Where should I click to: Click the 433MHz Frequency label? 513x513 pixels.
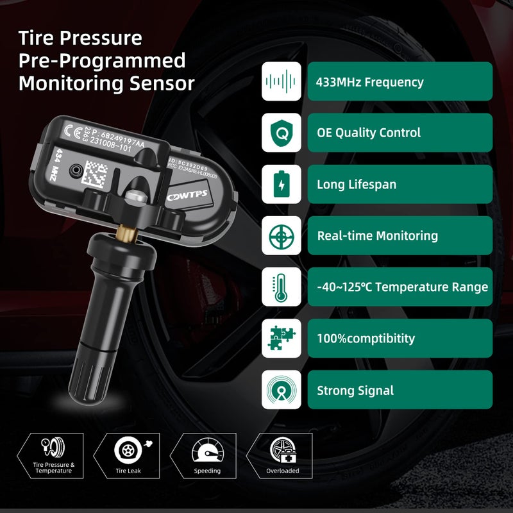tap(369, 82)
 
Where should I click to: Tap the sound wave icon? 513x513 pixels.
tap(281, 81)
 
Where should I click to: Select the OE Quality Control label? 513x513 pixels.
tap(368, 133)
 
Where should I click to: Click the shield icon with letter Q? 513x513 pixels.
tap(281, 133)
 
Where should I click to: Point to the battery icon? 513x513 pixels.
tap(281, 185)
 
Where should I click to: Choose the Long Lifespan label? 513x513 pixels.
tap(356, 185)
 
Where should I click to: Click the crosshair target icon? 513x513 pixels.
tap(281, 235)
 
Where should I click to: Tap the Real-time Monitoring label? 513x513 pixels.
tap(377, 235)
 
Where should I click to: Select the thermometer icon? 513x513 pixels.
tap(281, 287)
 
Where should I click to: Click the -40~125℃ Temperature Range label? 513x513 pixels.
tap(402, 287)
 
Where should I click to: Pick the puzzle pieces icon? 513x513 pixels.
tap(281, 339)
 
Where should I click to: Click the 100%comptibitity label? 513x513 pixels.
tap(366, 339)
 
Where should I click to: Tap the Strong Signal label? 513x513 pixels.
tap(355, 390)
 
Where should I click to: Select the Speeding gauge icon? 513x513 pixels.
tap(207, 450)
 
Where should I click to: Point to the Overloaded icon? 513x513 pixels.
tap(282, 450)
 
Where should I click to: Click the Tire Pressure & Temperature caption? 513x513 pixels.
tap(54, 467)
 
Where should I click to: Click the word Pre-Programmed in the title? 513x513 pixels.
tap(102, 60)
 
